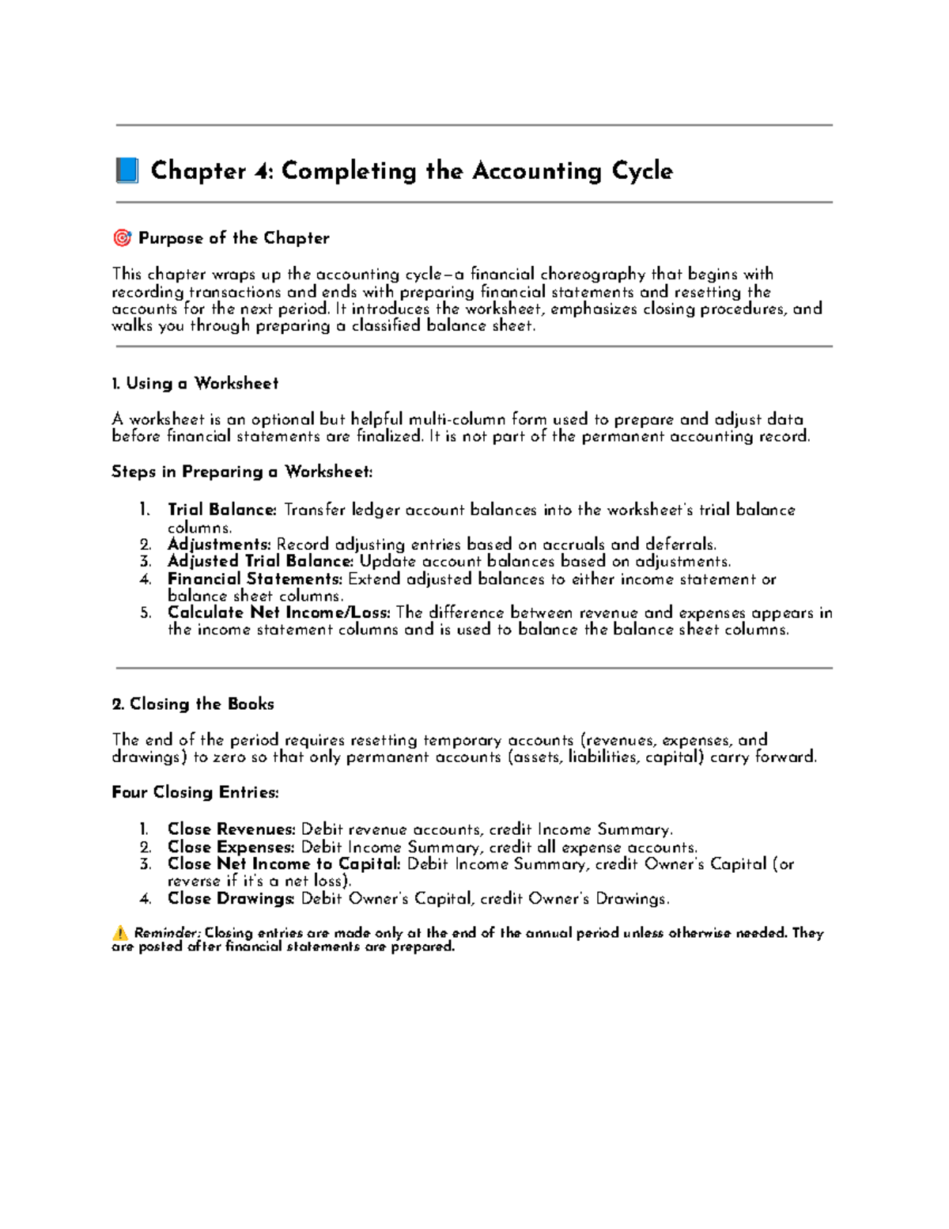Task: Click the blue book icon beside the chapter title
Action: (x=127, y=171)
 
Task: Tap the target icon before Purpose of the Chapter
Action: (x=122, y=238)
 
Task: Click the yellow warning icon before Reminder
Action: (x=120, y=933)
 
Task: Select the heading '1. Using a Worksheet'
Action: (x=195, y=384)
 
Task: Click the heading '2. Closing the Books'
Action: (x=193, y=704)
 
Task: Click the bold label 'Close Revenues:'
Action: (x=231, y=829)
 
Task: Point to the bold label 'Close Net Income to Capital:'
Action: (x=284, y=864)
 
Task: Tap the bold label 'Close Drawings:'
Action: (x=231, y=899)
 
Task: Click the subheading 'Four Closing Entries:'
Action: (x=195, y=793)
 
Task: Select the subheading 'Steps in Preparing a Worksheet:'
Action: (x=241, y=472)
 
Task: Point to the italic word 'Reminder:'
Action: (x=168, y=933)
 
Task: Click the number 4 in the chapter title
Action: (x=260, y=171)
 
